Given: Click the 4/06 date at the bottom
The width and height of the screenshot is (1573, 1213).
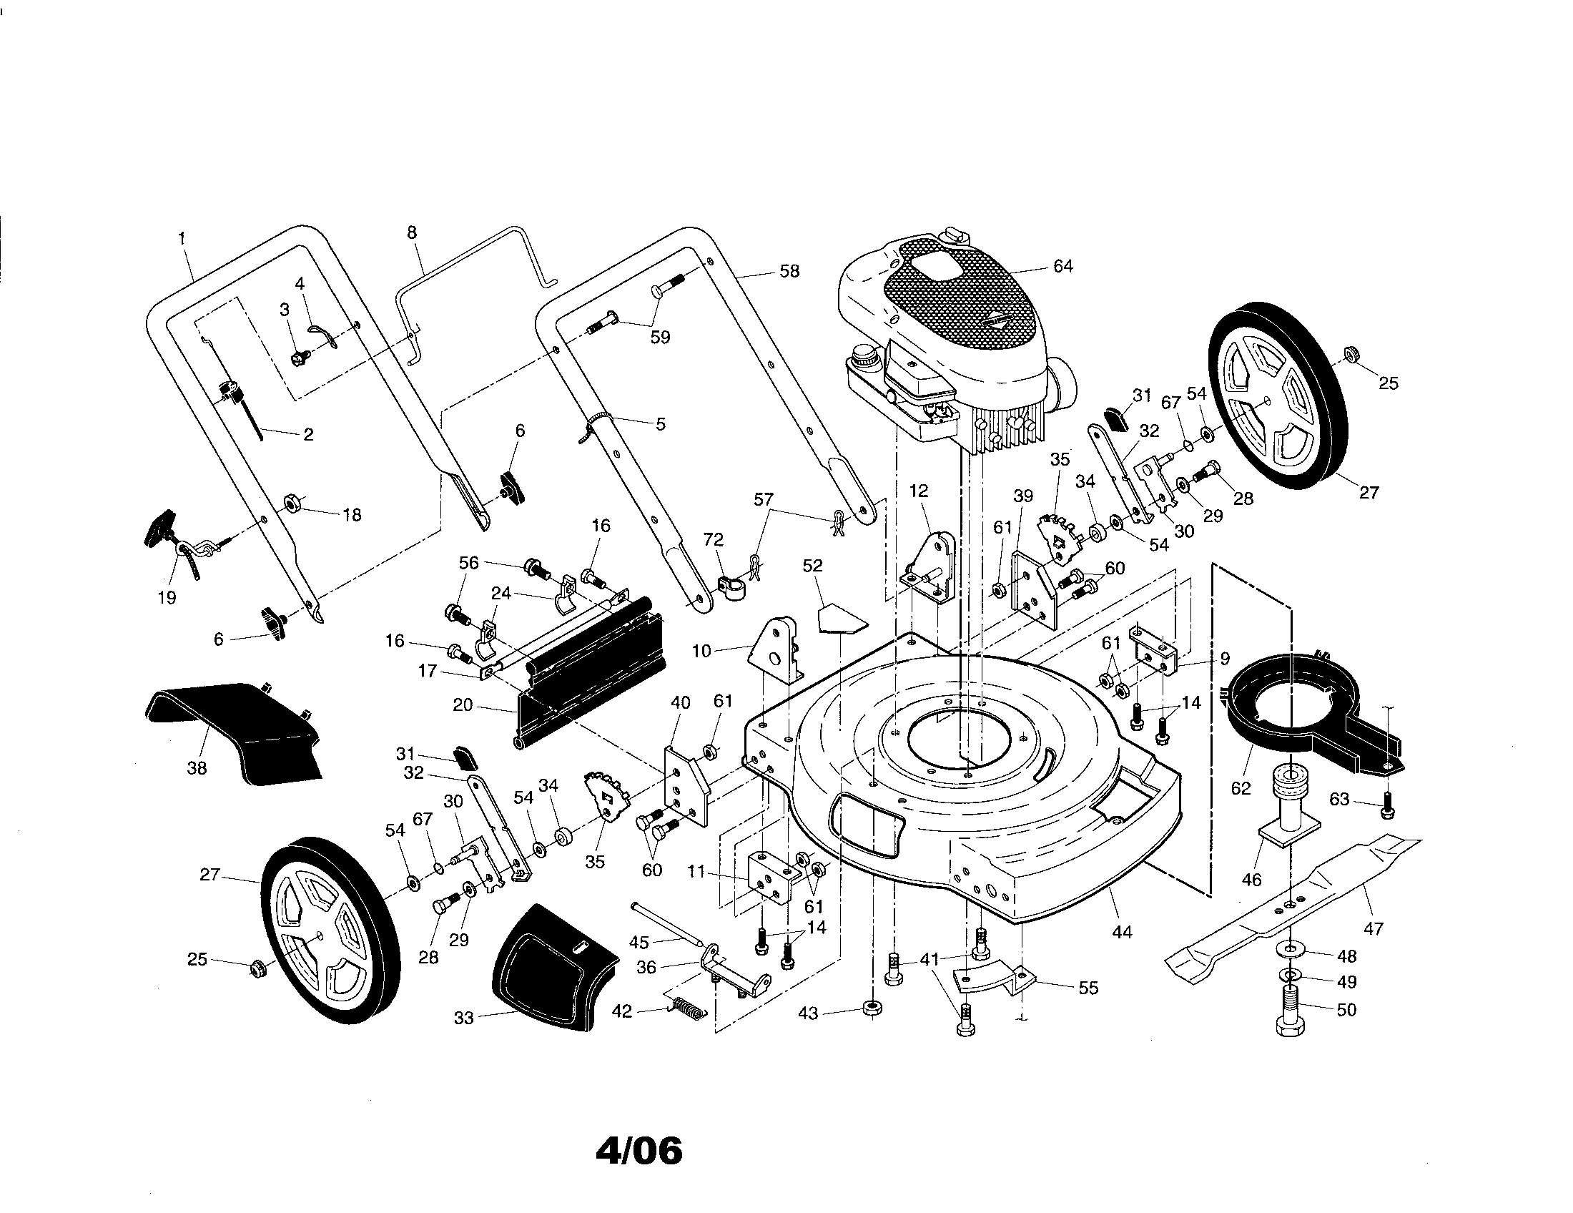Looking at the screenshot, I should (638, 1151).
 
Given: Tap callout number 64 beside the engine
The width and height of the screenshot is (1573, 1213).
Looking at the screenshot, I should (1062, 266).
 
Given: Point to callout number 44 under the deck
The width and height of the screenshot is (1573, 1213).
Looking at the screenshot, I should (1121, 932).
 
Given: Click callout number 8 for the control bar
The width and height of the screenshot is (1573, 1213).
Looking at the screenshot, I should (412, 232).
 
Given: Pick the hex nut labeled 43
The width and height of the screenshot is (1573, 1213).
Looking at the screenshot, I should (872, 1008).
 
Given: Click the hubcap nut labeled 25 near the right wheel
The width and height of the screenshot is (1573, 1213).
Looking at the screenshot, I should (1352, 355).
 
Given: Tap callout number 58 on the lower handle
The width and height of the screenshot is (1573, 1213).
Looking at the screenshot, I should (789, 272).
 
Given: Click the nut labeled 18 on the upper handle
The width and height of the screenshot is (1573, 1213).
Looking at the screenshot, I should (293, 502).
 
